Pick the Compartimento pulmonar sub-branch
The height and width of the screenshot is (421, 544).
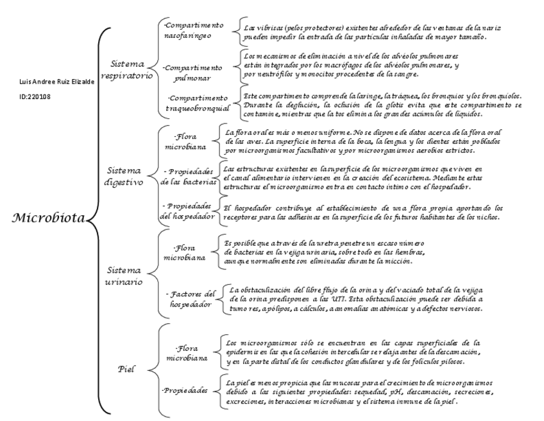194,73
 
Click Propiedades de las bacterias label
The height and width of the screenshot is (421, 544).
191,177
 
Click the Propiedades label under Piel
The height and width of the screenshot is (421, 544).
186,390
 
